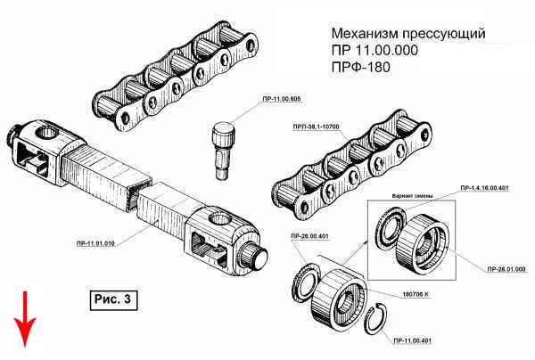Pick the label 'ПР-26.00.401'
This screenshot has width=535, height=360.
click(309, 236)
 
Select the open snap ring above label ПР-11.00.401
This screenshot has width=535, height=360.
click(378, 317)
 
